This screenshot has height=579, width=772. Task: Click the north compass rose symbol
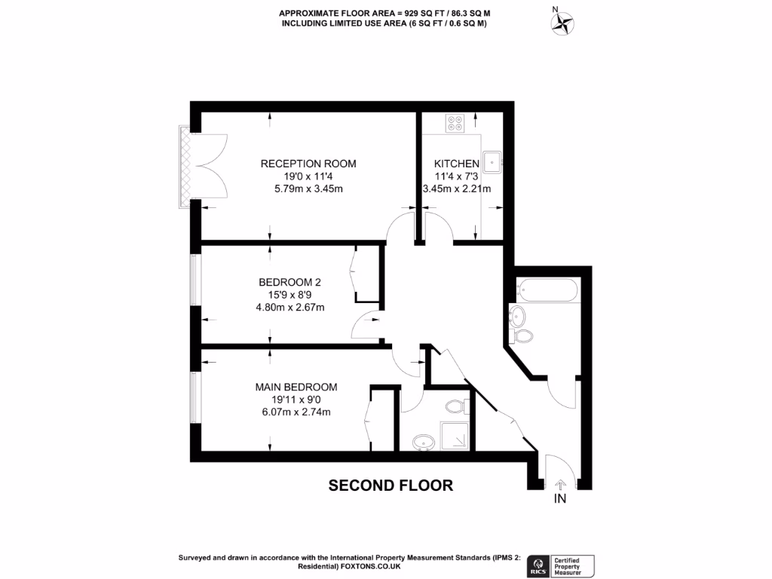[x=562, y=23]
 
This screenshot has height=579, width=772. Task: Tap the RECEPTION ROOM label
[x=308, y=164]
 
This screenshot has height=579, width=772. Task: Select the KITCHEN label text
[x=456, y=164]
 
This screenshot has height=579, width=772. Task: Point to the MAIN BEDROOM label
[x=296, y=387]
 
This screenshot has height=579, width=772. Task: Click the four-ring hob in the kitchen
[x=455, y=123]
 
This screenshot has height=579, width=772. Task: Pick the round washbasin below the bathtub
[x=517, y=314]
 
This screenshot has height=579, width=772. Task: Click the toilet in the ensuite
[x=455, y=406]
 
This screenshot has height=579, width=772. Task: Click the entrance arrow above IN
[x=560, y=485]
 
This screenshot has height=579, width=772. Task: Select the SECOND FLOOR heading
[x=391, y=486]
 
